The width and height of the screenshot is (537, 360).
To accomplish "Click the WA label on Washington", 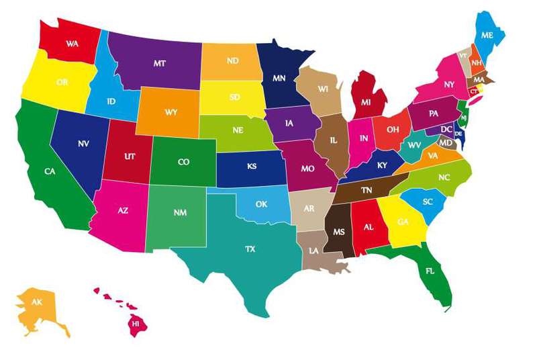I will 72,43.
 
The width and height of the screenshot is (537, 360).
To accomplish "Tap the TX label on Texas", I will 250,249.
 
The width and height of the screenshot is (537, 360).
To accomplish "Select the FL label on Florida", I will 430,271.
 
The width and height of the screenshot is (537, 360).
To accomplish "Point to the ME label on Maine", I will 487,35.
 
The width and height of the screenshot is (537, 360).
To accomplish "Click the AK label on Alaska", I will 37,302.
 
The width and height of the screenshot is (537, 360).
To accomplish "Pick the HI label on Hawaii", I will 135,323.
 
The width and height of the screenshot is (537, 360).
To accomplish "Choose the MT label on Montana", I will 159,63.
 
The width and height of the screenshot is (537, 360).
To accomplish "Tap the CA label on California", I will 50,171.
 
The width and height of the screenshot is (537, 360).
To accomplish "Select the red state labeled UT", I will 130,156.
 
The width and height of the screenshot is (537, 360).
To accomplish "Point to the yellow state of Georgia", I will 402,222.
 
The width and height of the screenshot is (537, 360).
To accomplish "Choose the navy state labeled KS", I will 252,166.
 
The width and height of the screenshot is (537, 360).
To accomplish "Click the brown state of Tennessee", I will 367,191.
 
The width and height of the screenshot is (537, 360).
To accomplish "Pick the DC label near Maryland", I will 446,129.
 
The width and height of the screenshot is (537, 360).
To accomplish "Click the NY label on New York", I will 449,85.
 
